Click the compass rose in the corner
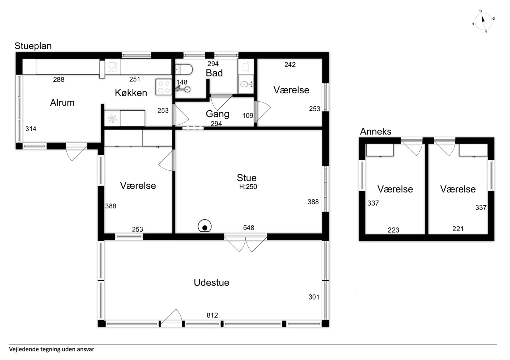483,21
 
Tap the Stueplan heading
33,46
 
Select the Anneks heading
376,132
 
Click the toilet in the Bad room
184,70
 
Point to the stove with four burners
164,87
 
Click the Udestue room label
211,283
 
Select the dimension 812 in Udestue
212,315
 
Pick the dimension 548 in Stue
249,228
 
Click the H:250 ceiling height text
248,187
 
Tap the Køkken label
131,93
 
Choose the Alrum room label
62,103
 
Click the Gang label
218,114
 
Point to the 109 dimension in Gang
248,116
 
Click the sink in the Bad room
246,84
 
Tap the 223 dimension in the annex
393,230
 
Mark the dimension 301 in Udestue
314,297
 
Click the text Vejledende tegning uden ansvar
52,349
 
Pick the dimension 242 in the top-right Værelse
290,65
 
